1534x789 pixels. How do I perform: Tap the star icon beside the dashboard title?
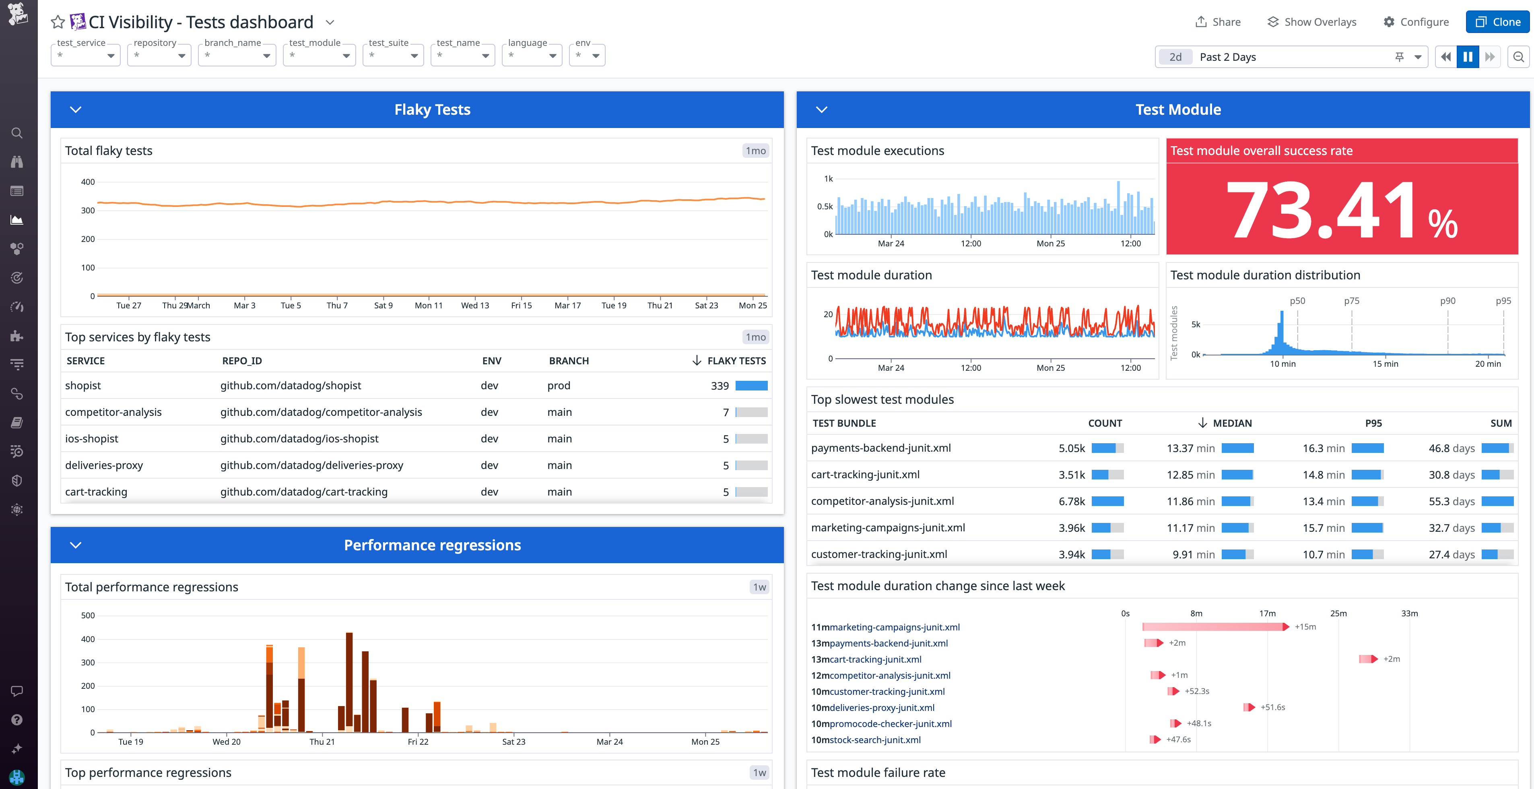[58, 22]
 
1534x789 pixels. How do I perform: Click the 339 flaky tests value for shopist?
[720, 386]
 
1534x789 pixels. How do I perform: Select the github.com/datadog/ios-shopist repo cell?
[299, 439]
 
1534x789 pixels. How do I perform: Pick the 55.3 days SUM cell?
[1451, 501]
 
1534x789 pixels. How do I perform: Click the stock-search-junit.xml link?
[875, 739]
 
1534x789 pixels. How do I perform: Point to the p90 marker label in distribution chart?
[1447, 301]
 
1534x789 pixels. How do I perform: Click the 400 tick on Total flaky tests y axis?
[88, 182]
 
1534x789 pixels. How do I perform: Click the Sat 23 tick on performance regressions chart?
[513, 741]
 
